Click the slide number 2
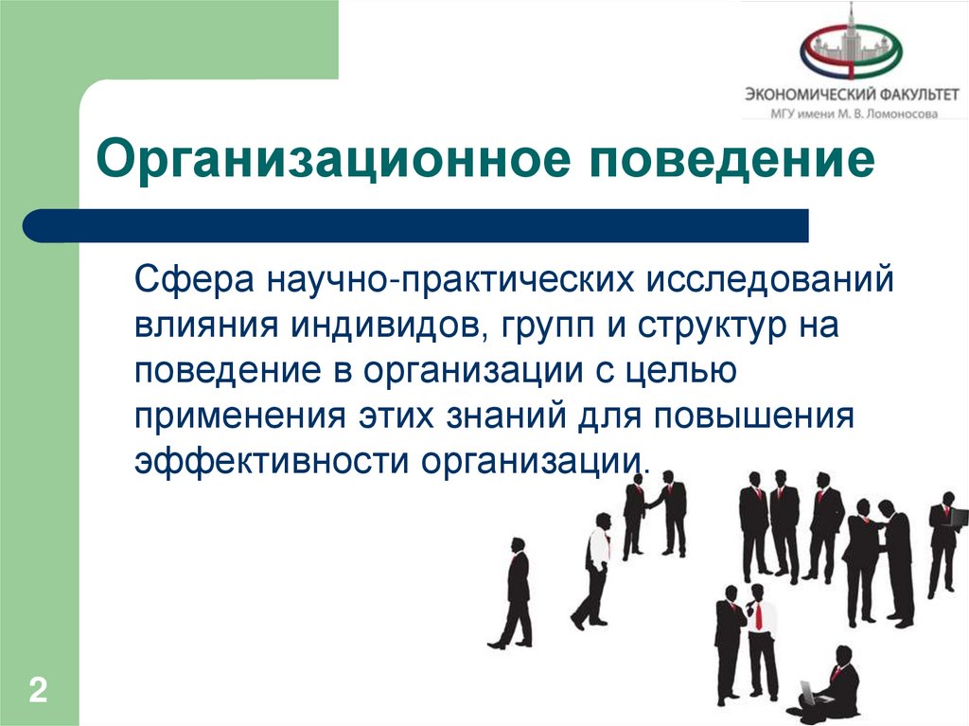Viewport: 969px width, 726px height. [x=38, y=690]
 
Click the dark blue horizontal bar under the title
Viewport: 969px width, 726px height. [x=416, y=226]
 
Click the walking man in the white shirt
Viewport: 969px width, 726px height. [x=594, y=571]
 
